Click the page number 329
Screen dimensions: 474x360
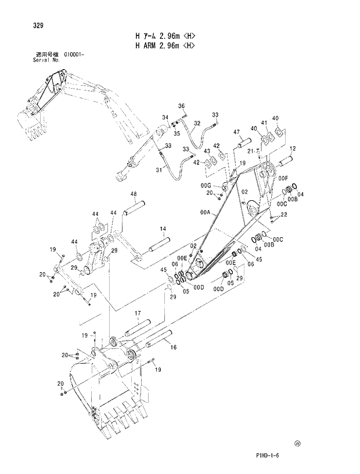[x=31, y=25]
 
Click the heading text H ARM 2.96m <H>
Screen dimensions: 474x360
[x=164, y=45]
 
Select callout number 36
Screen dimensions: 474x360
[x=181, y=106]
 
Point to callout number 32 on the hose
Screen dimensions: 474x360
[x=197, y=123]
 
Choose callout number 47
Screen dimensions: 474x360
[x=237, y=133]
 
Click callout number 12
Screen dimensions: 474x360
[x=292, y=149]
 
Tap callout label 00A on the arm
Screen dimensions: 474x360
[x=204, y=214]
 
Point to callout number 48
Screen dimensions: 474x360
[x=133, y=194]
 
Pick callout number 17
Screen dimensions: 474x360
[x=138, y=314]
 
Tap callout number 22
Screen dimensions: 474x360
[x=283, y=215]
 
